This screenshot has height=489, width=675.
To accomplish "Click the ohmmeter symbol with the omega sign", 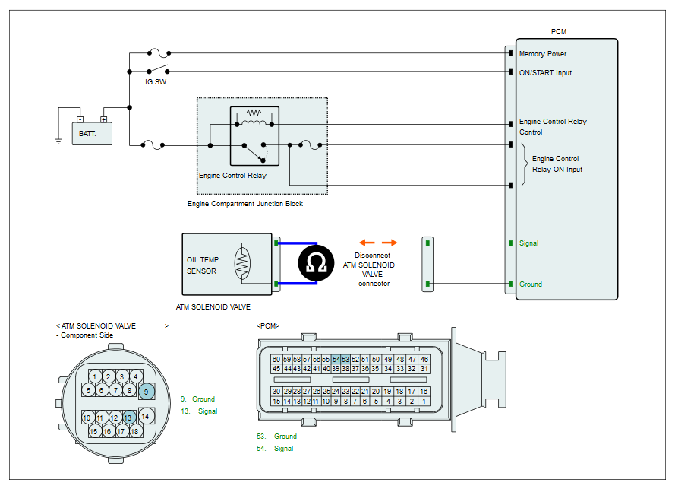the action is click(316, 263).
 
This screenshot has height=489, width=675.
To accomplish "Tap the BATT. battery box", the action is click(92, 134).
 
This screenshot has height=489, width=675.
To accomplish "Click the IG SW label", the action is click(156, 82).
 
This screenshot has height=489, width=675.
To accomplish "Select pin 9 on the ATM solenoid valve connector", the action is click(147, 392).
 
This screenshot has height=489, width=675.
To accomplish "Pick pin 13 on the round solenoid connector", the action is click(128, 418).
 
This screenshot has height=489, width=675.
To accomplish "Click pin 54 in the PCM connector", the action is click(336, 359).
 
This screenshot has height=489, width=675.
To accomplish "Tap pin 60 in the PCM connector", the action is click(276, 359).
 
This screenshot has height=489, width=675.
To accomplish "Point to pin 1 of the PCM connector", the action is click(424, 401).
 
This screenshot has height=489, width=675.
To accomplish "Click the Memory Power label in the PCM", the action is click(542, 54).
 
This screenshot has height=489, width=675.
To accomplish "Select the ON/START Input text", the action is click(545, 73).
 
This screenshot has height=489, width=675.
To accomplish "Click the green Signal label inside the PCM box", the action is click(528, 243).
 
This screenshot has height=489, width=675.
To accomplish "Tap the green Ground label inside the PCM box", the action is click(530, 284).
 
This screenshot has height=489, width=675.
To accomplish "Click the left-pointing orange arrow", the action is click(367, 243).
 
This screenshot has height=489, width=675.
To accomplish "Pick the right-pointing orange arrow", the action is click(390, 243).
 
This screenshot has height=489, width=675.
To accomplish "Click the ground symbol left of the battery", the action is click(58, 141).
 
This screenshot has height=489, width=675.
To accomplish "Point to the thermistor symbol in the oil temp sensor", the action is click(242, 263).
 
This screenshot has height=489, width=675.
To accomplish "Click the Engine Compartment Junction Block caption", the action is click(245, 204).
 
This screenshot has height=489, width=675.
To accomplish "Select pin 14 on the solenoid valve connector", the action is click(146, 416).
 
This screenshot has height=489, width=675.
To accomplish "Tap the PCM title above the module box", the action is click(559, 31).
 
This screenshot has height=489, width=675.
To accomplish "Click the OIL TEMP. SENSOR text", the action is click(203, 265).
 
